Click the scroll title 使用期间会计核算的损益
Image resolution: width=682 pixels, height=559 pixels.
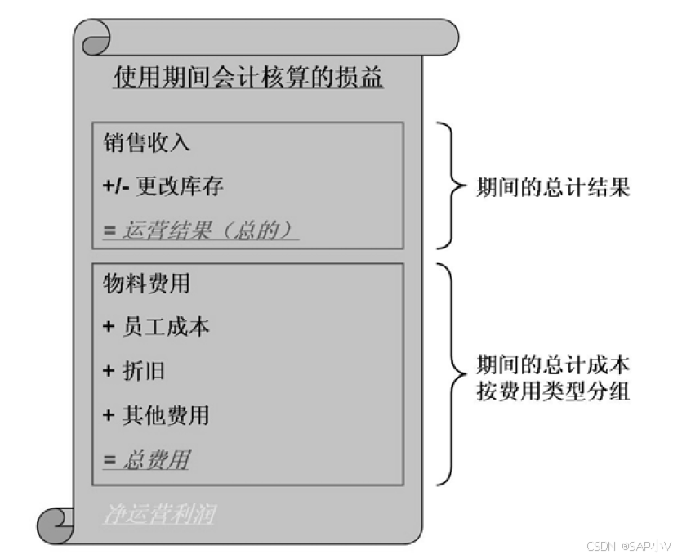[x=247, y=78]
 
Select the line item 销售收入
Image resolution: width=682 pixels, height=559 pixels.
[x=146, y=142]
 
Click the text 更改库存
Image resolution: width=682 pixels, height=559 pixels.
[x=180, y=186]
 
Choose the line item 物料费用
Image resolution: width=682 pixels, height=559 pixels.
[x=146, y=284]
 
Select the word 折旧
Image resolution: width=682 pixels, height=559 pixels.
[x=144, y=371]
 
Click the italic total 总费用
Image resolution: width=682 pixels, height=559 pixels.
[x=155, y=459]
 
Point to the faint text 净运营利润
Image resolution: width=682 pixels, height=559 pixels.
[x=159, y=514]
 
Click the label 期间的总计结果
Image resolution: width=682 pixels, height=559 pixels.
[x=553, y=187]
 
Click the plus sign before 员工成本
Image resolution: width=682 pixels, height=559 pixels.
[x=109, y=327]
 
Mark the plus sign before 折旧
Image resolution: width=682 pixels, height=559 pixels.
[x=109, y=371]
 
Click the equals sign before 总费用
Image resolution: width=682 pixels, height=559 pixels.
[x=109, y=459]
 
